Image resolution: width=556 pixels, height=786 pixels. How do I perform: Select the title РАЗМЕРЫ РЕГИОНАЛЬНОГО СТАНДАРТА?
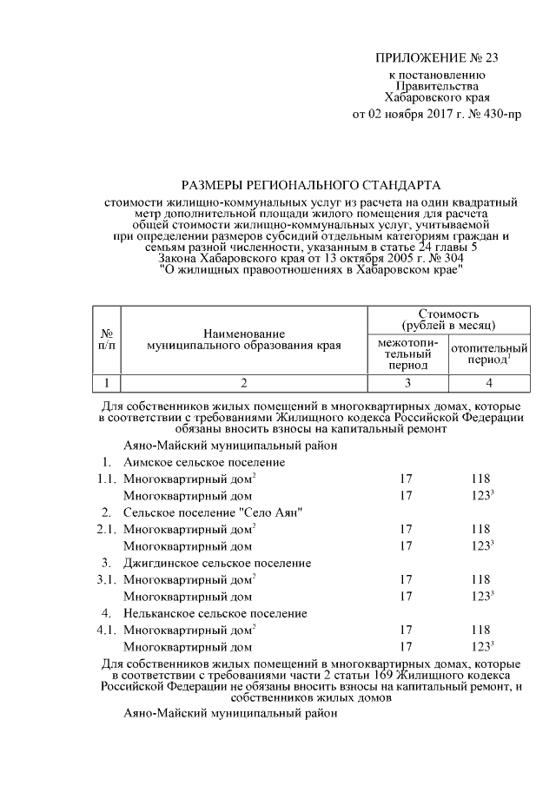pyautogui.click(x=311, y=185)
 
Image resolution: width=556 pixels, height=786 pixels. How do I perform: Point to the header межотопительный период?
pyautogui.click(x=407, y=354)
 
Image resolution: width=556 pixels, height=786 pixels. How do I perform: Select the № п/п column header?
pyautogui.click(x=105, y=339)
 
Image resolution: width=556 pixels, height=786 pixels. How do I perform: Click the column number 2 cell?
pyautogui.click(x=244, y=383)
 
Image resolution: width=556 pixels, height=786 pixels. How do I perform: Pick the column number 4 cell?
pyautogui.click(x=489, y=383)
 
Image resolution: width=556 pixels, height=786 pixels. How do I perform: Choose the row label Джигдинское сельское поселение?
pyautogui.click(x=217, y=563)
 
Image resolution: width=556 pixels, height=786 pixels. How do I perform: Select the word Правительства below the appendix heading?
pyautogui.click(x=437, y=87)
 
